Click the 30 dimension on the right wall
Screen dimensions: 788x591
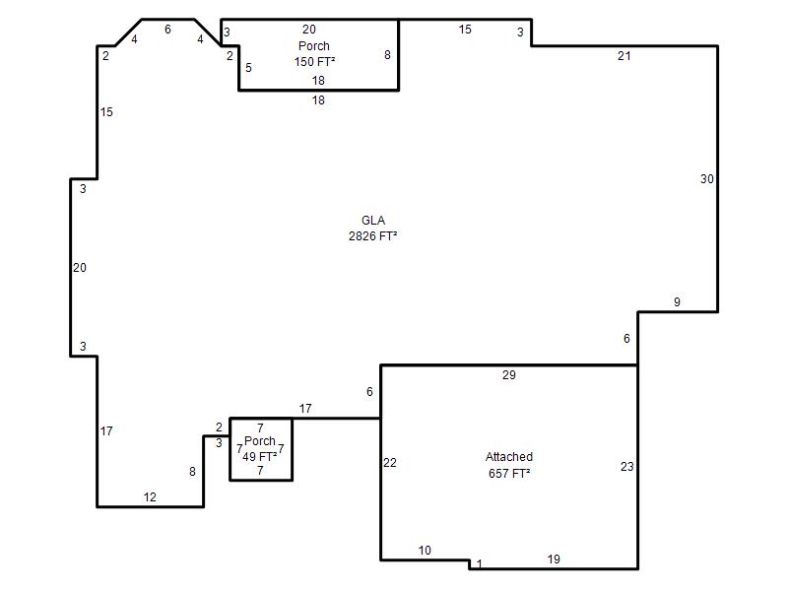pos(706,179)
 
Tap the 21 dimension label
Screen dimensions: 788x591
pos(624,56)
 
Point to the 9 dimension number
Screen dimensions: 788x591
pos(677,302)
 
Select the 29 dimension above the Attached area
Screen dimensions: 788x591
pos(508,375)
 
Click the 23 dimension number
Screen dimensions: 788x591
pos(626,466)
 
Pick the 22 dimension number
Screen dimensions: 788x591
pos(390,463)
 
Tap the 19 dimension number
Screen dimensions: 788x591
pos(554,559)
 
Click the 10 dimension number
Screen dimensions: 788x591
pos(425,551)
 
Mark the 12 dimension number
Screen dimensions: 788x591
pos(150,497)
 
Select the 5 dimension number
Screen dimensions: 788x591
pos(248,68)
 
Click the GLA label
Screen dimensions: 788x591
pos(373,220)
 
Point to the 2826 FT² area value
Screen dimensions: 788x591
pos(373,236)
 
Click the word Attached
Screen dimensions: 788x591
pos(509,457)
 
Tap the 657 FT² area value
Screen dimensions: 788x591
pos(509,474)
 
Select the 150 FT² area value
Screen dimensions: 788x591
pos(314,62)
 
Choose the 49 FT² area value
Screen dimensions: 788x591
pos(260,457)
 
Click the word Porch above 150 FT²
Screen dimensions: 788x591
pos(314,45)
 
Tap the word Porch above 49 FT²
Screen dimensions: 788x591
pos(260,440)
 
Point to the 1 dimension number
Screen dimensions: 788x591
pos(480,563)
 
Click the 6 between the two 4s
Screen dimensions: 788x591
pos(167,30)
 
